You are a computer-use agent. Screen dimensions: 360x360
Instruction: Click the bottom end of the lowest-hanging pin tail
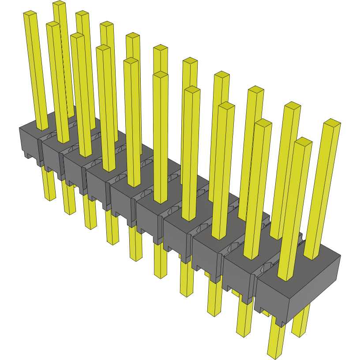[x=275, y=354]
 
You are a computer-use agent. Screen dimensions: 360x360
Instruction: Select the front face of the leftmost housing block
[x=29, y=141]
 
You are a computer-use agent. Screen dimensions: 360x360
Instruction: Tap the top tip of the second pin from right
[x=303, y=142]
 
